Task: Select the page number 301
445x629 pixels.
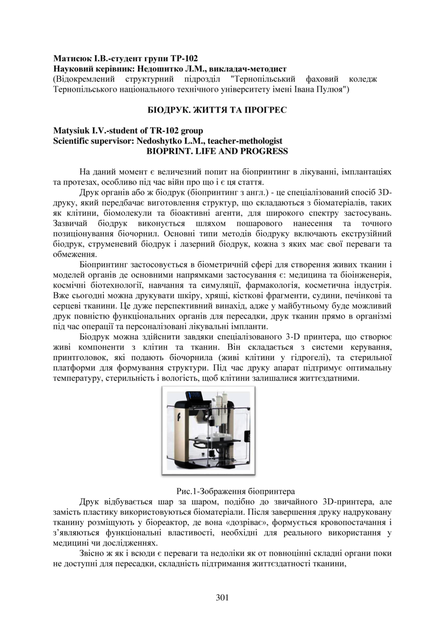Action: pyautogui.click(x=222, y=598)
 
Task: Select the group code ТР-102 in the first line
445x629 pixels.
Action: pyautogui.click(x=183, y=58)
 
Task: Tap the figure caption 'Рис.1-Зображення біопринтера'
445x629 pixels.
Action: pyautogui.click(x=235, y=491)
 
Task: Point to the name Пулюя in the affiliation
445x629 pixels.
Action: pyautogui.click(x=332, y=89)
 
